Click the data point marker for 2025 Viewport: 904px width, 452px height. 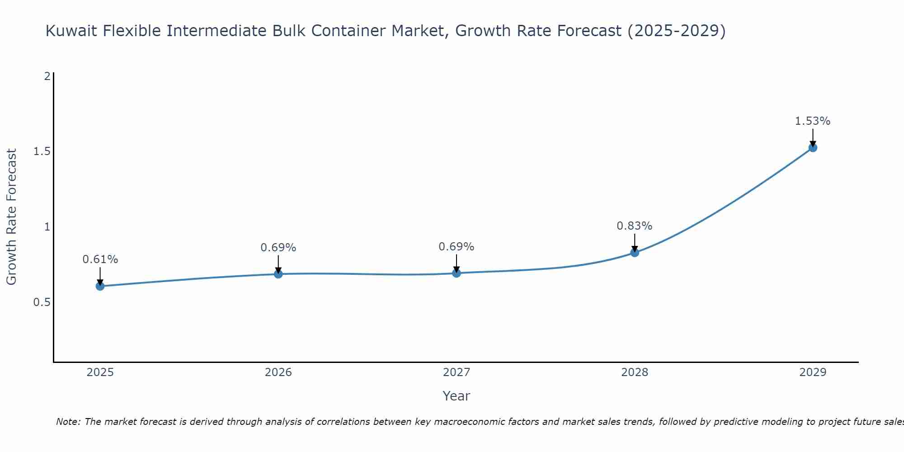(100, 286)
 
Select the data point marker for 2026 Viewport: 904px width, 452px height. (278, 274)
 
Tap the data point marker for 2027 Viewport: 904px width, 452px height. (456, 273)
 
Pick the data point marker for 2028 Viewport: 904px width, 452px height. (635, 253)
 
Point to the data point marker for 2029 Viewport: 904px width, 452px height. (813, 147)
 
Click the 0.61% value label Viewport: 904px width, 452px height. (100, 259)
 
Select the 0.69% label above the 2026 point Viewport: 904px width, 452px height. (278, 248)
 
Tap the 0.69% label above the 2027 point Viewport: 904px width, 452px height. (456, 247)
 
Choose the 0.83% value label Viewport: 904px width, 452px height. (635, 226)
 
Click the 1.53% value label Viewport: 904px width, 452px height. (813, 121)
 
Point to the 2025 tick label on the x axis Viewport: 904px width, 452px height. (100, 372)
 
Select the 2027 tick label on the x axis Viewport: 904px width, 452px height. (456, 372)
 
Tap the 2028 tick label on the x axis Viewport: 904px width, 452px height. (635, 372)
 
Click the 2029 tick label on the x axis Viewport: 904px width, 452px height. (813, 372)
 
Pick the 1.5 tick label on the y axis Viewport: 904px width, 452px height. (42, 151)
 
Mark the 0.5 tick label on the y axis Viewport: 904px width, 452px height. (42, 302)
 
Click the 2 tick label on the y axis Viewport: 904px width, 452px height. (47, 76)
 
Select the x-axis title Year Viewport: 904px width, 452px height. (456, 396)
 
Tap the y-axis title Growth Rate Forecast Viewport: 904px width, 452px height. (11, 217)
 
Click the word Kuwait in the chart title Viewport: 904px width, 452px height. (72, 31)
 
